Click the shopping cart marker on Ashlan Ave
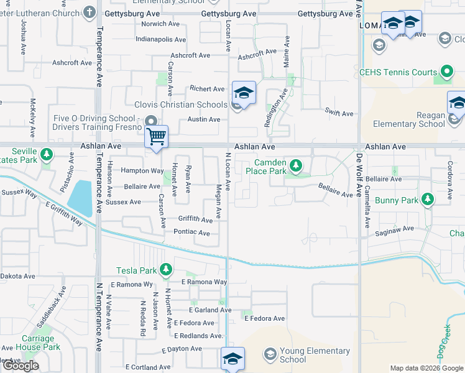[156, 136]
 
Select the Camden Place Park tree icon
[297, 166]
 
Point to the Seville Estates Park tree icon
[46, 154]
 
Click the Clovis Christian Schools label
[181, 104]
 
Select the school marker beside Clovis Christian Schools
[244, 93]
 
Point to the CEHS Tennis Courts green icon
[446, 71]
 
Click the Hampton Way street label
[142, 170]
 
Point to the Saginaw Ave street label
[394, 229]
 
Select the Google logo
[20, 366]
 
